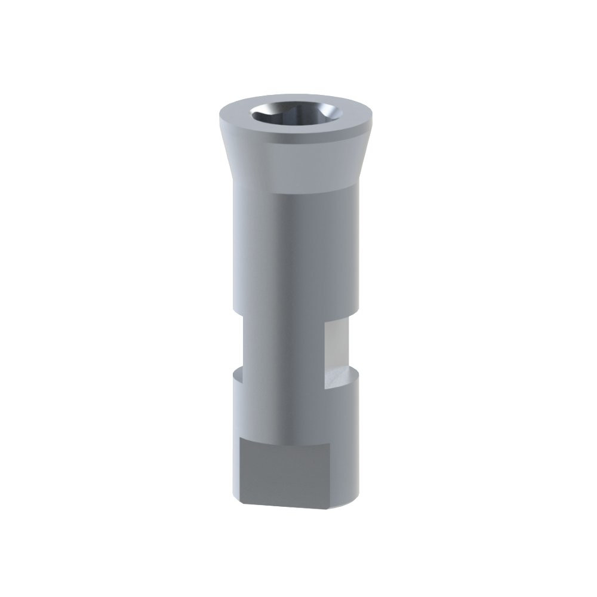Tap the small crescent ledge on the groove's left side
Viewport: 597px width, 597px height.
(x=237, y=376)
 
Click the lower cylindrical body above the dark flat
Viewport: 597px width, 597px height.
(x=293, y=412)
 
